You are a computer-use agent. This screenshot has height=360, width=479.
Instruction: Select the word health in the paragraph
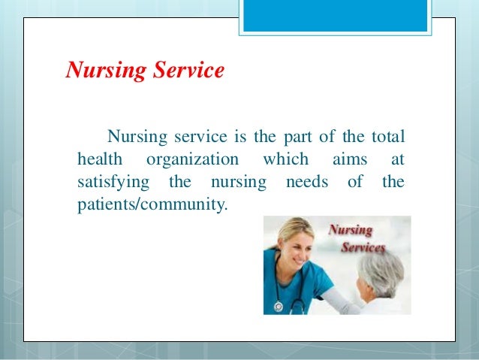click(98, 160)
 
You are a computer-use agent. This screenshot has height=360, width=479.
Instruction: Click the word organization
click(192, 160)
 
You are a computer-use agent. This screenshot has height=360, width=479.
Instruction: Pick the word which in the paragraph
click(285, 160)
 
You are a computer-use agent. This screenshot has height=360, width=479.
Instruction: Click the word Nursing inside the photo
click(351, 231)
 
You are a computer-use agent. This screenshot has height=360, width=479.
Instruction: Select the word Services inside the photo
click(363, 247)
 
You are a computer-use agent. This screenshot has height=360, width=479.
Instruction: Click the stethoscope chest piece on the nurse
click(279, 307)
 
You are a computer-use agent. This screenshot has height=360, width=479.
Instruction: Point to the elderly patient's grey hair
click(384, 267)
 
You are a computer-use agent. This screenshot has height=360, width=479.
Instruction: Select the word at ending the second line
click(397, 160)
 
